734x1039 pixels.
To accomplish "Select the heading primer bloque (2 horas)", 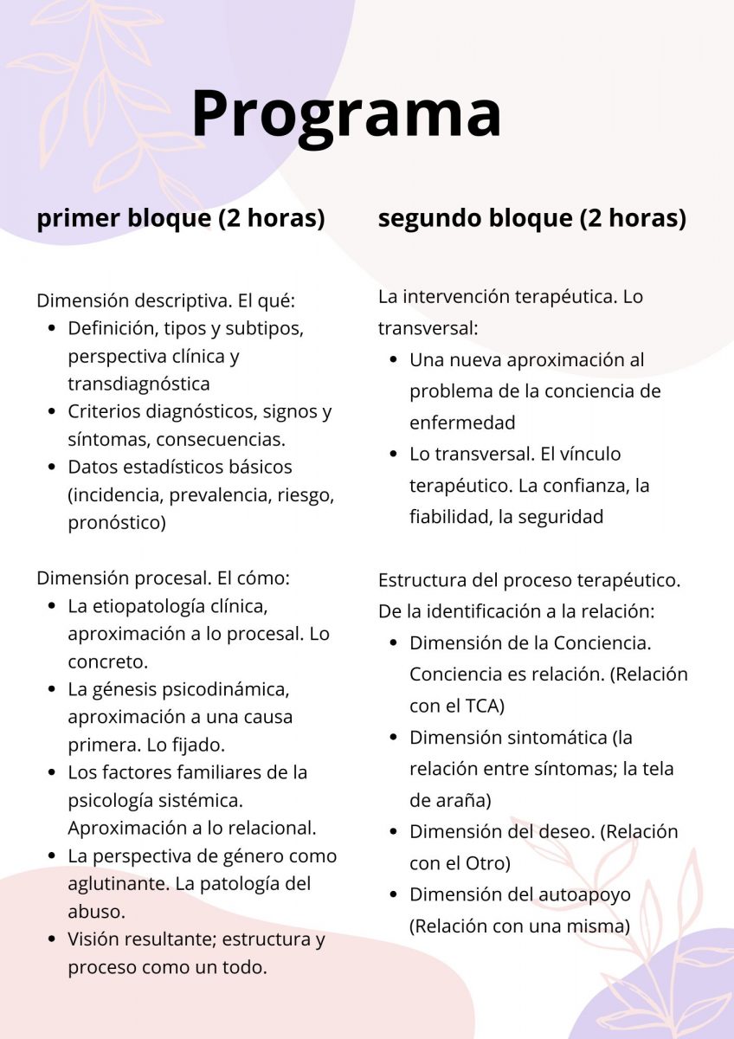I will (x=180, y=218).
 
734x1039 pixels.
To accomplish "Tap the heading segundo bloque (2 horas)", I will (x=531, y=218).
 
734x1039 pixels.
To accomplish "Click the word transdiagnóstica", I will (x=138, y=383).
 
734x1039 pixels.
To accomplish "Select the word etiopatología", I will (x=147, y=606).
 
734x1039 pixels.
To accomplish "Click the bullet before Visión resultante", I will (x=51, y=939).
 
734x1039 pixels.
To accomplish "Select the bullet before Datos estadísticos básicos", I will (x=51, y=467).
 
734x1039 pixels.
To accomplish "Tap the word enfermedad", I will (x=461, y=423).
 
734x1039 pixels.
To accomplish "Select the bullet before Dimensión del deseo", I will (x=393, y=832).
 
